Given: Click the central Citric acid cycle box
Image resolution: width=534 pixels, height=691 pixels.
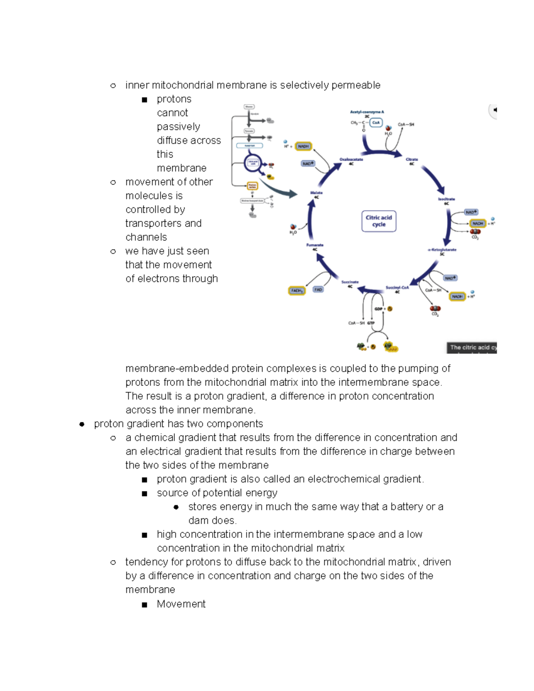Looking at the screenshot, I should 379,221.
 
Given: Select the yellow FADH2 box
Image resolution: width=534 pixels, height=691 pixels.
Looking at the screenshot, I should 297,291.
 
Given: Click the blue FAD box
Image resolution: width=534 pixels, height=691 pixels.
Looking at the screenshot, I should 318,290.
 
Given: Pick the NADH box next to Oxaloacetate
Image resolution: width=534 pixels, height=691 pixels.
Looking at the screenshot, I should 303,146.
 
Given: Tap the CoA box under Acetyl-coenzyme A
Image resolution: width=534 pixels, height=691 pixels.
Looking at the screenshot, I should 376,122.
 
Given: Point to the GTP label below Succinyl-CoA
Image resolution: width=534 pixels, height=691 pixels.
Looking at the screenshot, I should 371,323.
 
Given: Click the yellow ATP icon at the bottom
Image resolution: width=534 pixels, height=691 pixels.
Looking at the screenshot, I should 388,346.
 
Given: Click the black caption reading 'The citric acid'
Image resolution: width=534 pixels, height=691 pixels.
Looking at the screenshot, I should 471,348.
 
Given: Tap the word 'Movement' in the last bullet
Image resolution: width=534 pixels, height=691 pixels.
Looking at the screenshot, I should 181,604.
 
